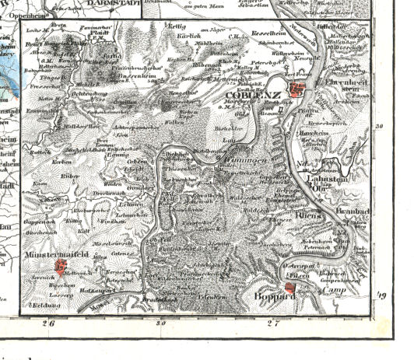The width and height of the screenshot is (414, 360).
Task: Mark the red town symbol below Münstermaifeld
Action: [61, 268]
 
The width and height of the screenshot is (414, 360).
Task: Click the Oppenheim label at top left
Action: [22, 12]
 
